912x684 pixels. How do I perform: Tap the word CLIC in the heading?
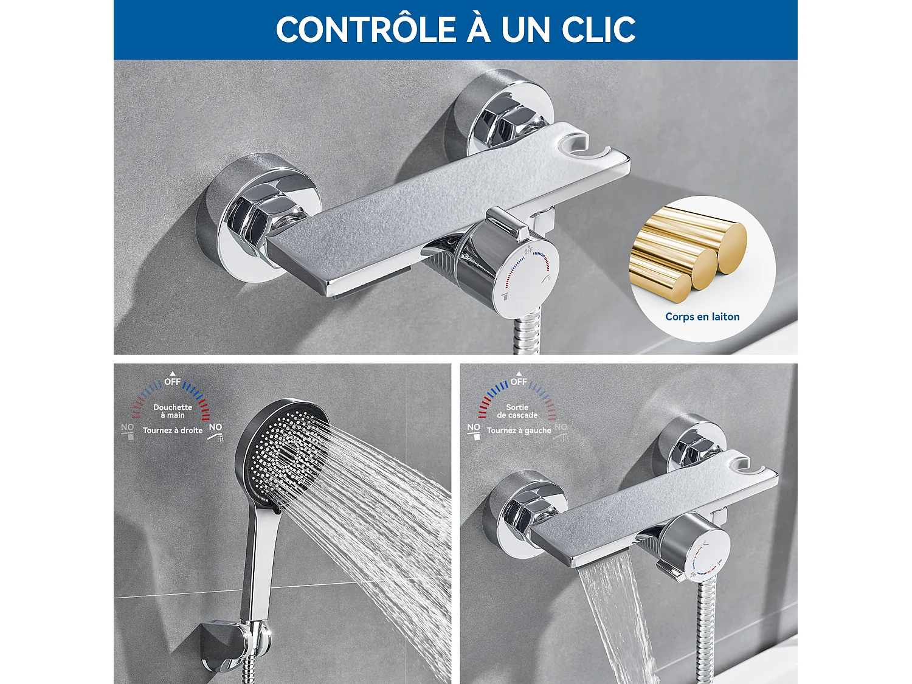click(x=598, y=30)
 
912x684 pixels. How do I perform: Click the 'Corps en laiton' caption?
click(x=702, y=317)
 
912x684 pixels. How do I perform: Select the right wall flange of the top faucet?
click(x=505, y=116)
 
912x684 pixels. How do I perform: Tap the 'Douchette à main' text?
click(x=173, y=411)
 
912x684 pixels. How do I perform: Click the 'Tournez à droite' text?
click(x=173, y=430)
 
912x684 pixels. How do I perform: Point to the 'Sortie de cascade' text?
click(x=517, y=411)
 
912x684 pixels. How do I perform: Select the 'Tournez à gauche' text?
click(x=519, y=430)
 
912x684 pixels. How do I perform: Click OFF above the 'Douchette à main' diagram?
click(x=173, y=382)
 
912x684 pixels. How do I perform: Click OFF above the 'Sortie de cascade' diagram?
click(x=519, y=382)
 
